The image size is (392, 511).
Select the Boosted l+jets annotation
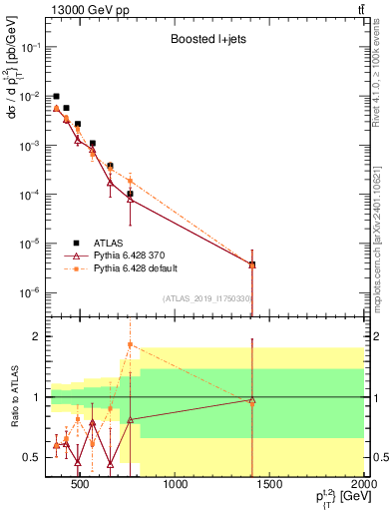(206, 39)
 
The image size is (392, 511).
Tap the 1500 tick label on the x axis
(269, 486)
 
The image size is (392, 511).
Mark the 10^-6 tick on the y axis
(32, 292)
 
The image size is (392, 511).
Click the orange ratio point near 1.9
(130, 344)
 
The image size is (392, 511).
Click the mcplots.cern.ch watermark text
(382, 250)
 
